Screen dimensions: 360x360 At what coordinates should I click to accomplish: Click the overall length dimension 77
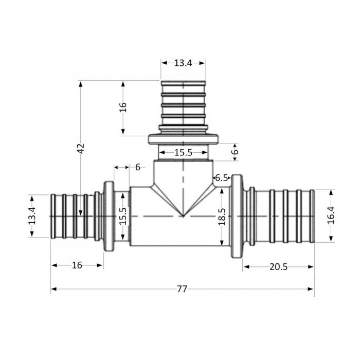pos(182,289)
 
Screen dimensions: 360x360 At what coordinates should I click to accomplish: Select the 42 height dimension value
pos(80,149)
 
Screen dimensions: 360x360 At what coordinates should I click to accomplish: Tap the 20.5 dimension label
pos(278,266)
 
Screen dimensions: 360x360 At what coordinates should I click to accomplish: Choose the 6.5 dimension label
pos(221,178)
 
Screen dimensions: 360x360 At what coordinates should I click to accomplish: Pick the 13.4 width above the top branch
pos(183,63)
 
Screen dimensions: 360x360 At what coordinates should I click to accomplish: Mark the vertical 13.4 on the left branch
pos(32,216)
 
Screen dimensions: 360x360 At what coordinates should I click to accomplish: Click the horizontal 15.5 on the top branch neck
pos(183,153)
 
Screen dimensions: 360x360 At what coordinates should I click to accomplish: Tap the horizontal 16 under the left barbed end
pos(77,265)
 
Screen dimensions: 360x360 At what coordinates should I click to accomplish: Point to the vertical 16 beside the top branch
pos(122,108)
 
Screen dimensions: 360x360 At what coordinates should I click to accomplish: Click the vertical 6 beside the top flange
pos(236,152)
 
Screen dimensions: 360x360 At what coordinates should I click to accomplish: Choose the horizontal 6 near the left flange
pos(137,167)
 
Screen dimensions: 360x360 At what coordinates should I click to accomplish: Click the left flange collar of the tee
pos(109,216)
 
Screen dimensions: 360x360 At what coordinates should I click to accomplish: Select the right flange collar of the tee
pos(237,216)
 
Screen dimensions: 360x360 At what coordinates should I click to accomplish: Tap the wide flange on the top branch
pos(183,139)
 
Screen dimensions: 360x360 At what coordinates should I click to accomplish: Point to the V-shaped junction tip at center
pos(183,215)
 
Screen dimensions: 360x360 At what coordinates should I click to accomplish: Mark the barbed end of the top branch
pos(183,103)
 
